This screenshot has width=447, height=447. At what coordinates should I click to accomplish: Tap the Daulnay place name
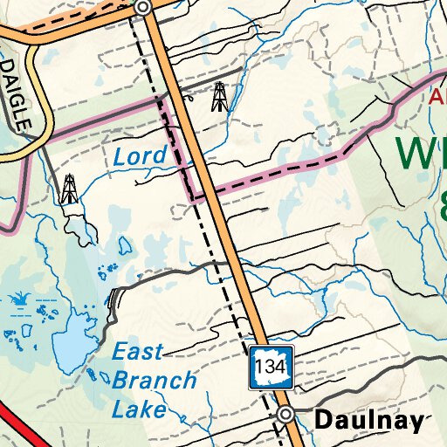pyautogui.click(x=369, y=420)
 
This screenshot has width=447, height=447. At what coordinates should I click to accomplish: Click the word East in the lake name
pyautogui.click(x=138, y=353)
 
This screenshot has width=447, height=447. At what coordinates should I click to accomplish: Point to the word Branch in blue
pyautogui.click(x=155, y=381)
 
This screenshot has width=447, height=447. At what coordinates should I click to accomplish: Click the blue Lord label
pyautogui.click(x=140, y=157)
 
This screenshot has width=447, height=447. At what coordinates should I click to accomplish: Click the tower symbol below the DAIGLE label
pyautogui.click(x=69, y=189)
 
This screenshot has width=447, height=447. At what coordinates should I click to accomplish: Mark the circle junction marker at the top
pyautogui.click(x=143, y=7)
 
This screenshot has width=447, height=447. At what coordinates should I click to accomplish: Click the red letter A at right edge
pyautogui.click(x=437, y=96)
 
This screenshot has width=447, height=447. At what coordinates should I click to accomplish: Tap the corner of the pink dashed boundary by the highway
pyautogui.click(x=194, y=197)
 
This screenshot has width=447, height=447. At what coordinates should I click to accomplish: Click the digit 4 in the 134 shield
pyautogui.click(x=279, y=368)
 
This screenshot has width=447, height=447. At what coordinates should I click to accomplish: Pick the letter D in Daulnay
pyautogui.click(x=323, y=420)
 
